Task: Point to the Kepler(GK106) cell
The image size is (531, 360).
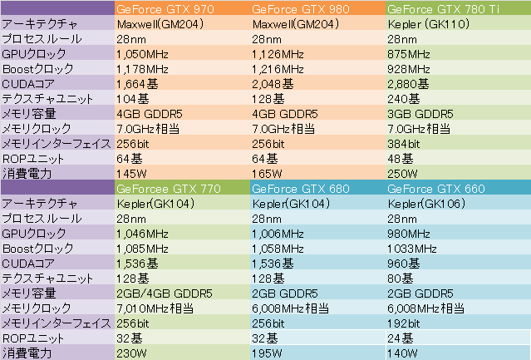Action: point(426,204)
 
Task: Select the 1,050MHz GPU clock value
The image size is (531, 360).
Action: point(144,54)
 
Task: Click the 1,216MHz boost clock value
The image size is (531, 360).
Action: point(280,69)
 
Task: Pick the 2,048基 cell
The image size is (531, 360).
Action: point(273,84)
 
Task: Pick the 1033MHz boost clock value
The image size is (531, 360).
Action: point(411,249)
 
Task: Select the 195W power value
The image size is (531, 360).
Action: point(267,353)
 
